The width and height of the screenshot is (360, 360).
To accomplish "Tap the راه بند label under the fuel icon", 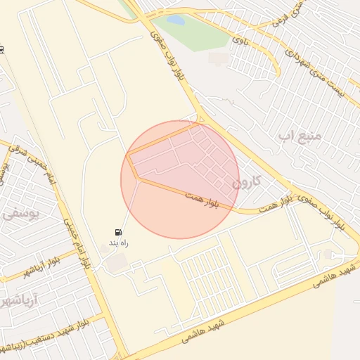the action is coord(118,243).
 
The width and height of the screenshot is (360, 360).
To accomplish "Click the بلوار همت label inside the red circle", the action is coord(202,199).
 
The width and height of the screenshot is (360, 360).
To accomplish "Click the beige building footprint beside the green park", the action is coord(219,58).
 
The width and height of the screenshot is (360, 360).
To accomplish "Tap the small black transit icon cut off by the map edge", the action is coord(2,50).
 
